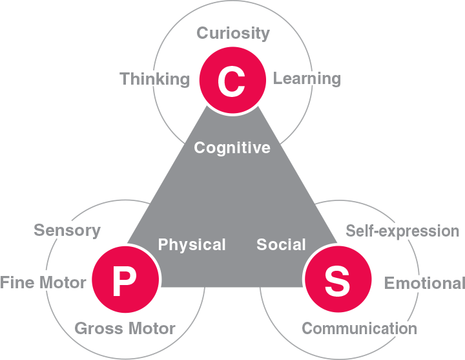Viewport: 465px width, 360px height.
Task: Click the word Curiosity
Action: pyautogui.click(x=233, y=33)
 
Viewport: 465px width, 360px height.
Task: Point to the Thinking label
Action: pyautogui.click(x=155, y=79)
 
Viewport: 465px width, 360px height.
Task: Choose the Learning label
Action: pyautogui.click(x=307, y=79)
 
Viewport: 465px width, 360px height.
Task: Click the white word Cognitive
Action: pyautogui.click(x=232, y=148)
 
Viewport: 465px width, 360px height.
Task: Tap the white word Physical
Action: pyautogui.click(x=192, y=245)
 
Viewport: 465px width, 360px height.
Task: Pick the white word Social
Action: pyautogui.click(x=281, y=245)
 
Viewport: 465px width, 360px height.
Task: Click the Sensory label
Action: pyautogui.click(x=67, y=230)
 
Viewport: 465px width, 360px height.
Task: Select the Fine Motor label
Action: pyautogui.click(x=43, y=282)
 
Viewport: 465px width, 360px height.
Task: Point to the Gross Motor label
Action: pyautogui.click(x=125, y=328)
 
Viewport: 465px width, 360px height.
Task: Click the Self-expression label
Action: pyautogui.click(x=402, y=231)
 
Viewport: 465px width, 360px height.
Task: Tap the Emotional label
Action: pyautogui.click(x=424, y=283)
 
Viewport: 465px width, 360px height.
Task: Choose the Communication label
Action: pyautogui.click(x=359, y=328)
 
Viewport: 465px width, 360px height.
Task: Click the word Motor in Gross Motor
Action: pyautogui.click(x=150, y=328)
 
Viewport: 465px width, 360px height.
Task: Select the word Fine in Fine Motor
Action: pyautogui.click(x=17, y=282)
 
